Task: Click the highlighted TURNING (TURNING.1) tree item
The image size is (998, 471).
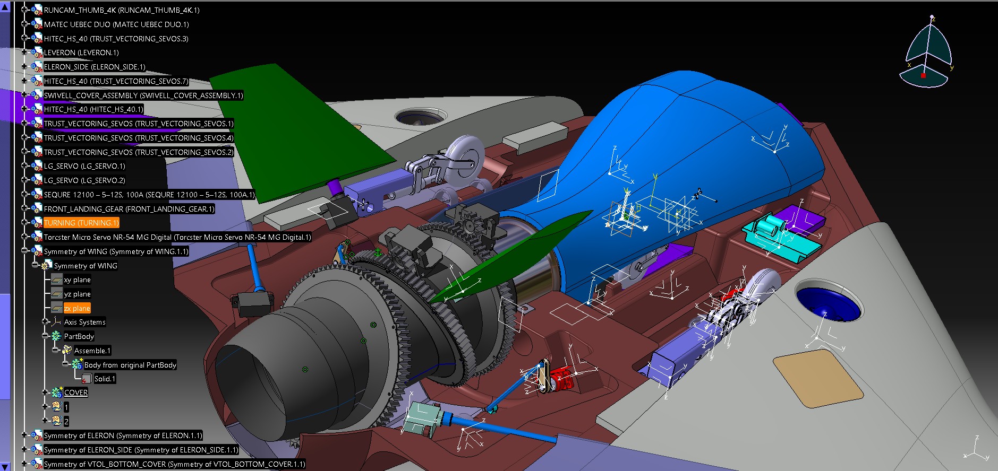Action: pos(81,223)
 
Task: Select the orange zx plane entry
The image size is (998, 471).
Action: pos(77,308)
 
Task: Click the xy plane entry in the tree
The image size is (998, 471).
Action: pos(77,280)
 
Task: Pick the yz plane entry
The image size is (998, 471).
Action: pos(77,294)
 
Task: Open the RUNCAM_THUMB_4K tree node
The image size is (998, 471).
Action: pos(121,10)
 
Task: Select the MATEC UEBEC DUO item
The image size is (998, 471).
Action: pos(116,24)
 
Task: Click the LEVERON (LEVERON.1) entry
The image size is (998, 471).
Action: pos(81,53)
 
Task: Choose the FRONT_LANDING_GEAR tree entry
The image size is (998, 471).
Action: pos(129,209)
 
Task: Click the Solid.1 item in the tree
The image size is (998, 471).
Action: pos(104,379)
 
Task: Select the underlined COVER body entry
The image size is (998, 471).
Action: pos(75,392)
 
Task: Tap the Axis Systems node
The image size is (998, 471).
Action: pos(84,322)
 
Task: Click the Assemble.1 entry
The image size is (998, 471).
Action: pos(92,351)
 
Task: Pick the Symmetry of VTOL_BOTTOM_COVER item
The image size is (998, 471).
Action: pos(174,464)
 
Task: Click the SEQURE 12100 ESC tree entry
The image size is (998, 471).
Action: pos(149,195)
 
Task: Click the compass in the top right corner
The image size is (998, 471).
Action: pos(927,53)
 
